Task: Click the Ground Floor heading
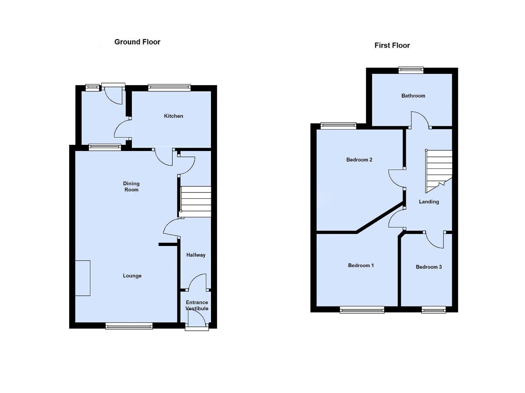pos(137,42)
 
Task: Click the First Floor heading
pos(392,45)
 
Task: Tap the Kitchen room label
pos(173,116)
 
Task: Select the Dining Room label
pos(131,187)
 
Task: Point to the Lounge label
pos(132,276)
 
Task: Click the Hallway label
pos(196,255)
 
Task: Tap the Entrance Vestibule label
pos(197,305)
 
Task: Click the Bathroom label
pos(413,96)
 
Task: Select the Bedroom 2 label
pos(359,160)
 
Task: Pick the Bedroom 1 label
pos(361,266)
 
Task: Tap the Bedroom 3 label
pos(429,267)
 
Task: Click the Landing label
pos(429,202)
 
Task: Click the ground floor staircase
pos(196,202)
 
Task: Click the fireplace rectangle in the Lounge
pos(83,278)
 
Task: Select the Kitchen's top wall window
pos(169,87)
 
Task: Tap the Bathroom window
pos(411,70)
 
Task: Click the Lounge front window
pos(129,326)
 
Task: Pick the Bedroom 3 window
pos(434,310)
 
